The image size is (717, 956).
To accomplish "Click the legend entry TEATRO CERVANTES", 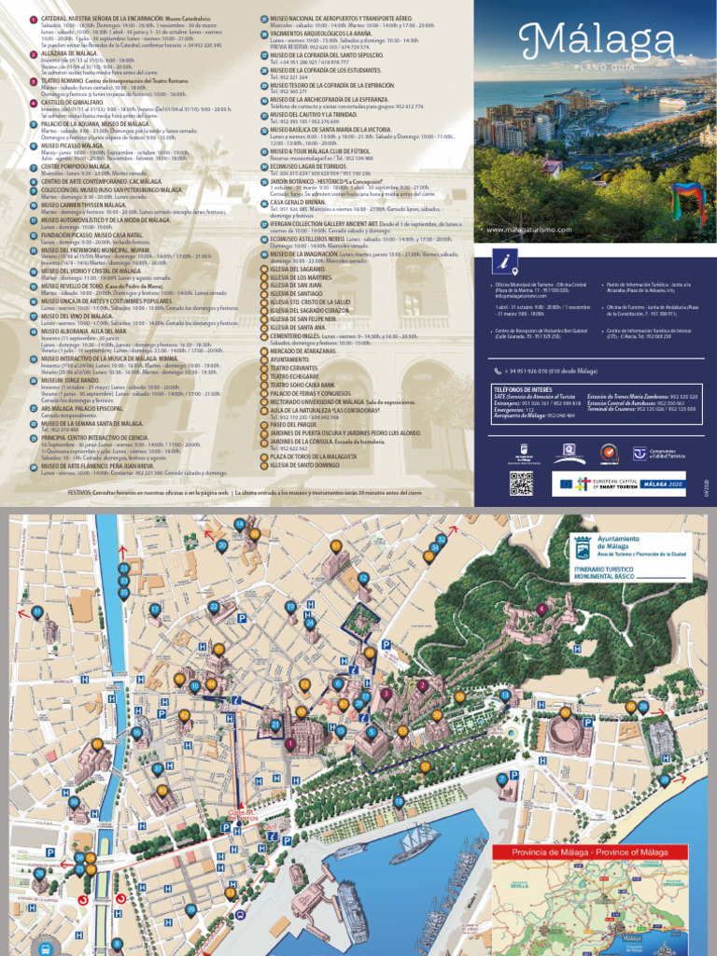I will point(294,368).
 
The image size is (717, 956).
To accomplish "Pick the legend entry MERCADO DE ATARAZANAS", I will point(304,351).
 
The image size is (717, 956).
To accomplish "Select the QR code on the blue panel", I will point(521,483).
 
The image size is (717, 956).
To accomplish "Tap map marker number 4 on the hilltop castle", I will point(541,609).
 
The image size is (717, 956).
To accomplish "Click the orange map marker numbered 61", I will point(96,743).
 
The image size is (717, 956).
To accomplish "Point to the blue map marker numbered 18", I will point(399,801).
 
